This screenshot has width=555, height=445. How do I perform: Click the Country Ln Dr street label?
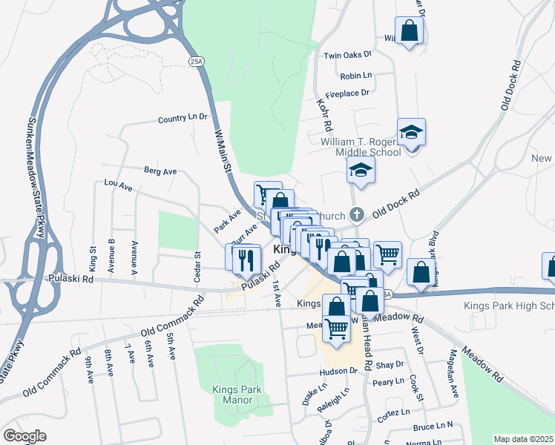[182, 118]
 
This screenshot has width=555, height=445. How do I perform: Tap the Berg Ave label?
[160, 171]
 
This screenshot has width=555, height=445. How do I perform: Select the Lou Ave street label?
[118, 185]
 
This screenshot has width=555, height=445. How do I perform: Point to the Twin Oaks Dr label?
[347, 56]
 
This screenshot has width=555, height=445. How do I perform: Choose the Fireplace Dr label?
[344, 93]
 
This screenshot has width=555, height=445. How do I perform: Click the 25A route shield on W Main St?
[196, 61]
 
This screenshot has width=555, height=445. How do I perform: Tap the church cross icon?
[357, 216]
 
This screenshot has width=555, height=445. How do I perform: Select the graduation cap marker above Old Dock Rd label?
[361, 171]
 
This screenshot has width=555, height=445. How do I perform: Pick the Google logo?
[25, 436]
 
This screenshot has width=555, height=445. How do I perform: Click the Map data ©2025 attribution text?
[523, 439]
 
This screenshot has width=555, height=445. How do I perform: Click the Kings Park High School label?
[508, 306]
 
